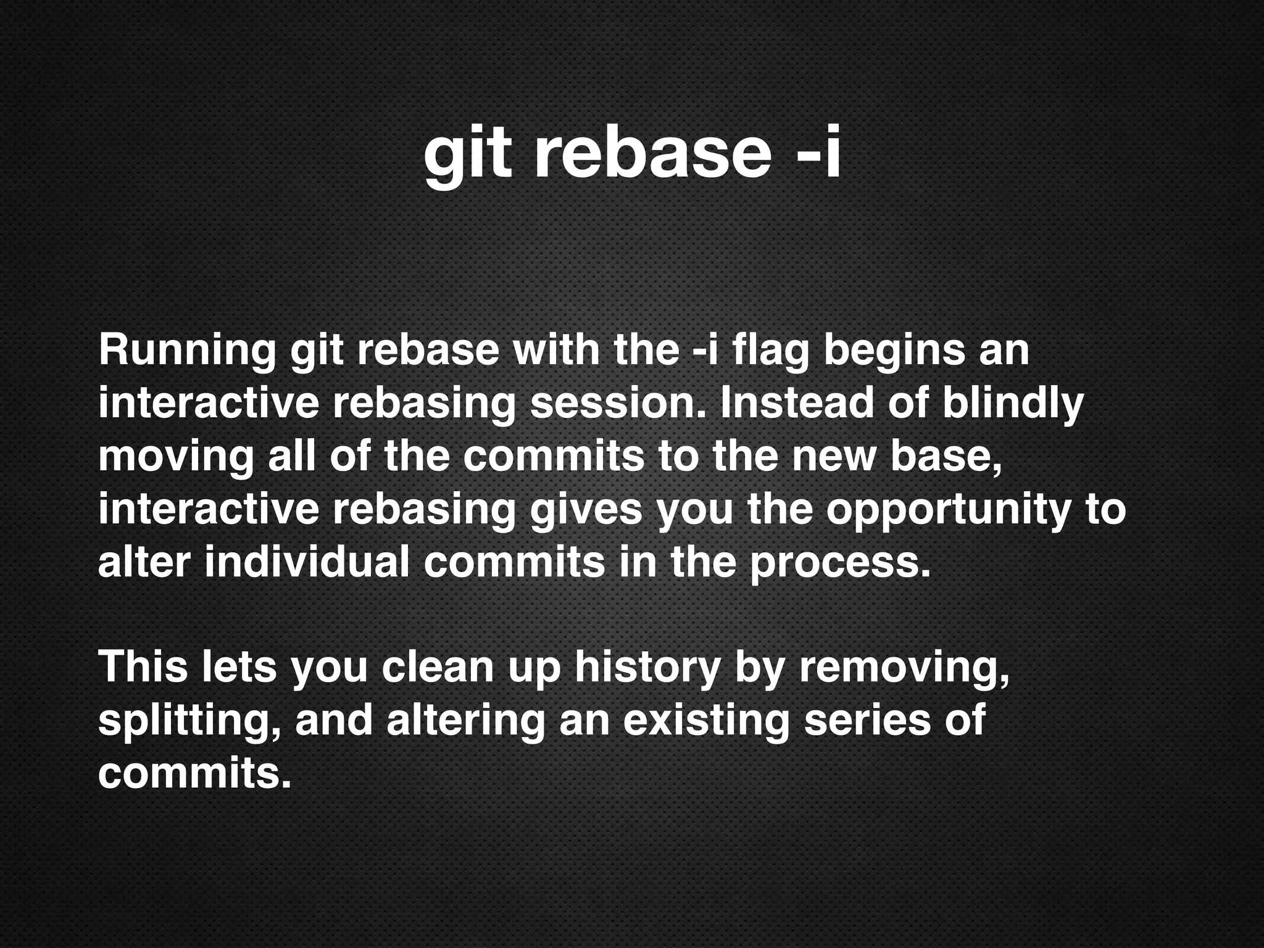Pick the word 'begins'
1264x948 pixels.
coord(894,350)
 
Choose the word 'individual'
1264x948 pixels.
coord(307,562)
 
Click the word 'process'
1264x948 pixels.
coord(839,562)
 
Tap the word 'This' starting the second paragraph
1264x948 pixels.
coord(143,667)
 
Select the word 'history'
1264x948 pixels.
coord(647,667)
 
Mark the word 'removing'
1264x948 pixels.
coord(904,667)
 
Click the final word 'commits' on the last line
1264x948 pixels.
coord(193,773)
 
